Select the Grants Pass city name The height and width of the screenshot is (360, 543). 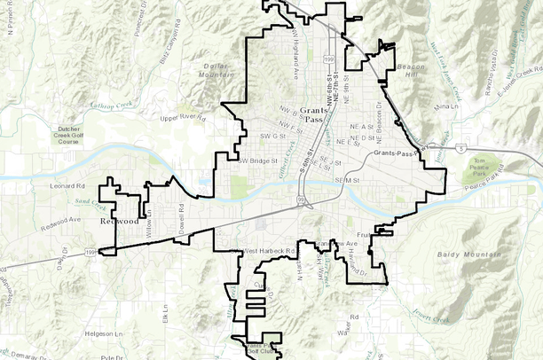click(311, 113)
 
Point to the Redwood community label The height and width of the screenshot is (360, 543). click(119, 220)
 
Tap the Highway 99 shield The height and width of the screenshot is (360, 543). click(302, 201)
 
